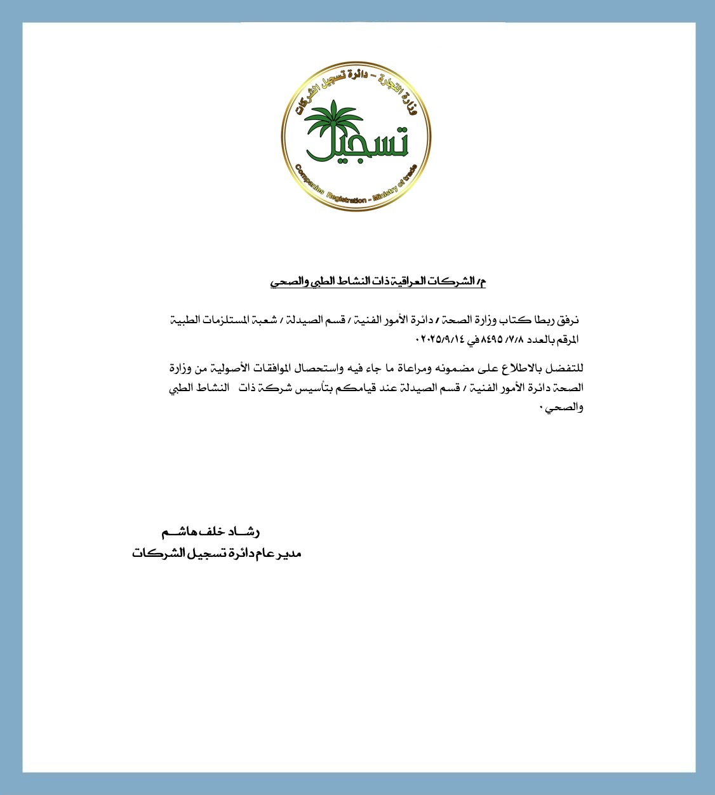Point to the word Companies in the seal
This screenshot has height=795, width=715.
click(x=309, y=180)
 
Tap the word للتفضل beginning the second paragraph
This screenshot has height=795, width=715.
click(x=567, y=368)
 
